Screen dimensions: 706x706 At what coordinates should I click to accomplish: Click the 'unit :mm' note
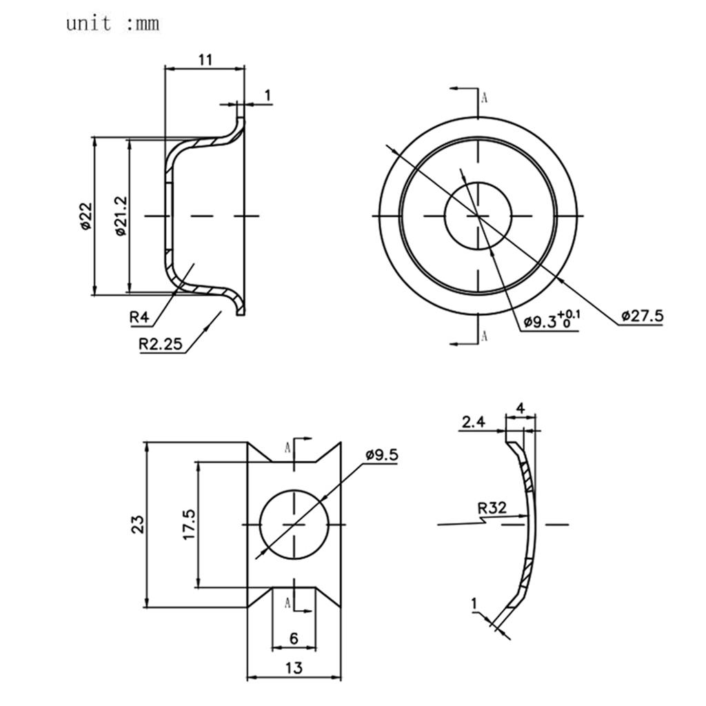(112, 24)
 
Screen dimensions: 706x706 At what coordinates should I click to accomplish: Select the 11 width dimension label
(205, 59)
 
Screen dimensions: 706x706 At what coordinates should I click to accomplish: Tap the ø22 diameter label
(85, 216)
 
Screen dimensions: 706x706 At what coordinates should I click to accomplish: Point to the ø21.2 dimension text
(121, 216)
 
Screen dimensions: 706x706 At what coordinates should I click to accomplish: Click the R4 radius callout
(139, 318)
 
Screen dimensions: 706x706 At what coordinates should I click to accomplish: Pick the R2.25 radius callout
(161, 344)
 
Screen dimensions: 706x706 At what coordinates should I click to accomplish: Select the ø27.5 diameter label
(642, 316)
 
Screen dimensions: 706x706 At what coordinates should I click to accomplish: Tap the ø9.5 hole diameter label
(382, 455)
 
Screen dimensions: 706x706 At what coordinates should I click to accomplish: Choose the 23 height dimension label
(138, 525)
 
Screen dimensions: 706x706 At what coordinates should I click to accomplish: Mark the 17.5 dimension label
(190, 525)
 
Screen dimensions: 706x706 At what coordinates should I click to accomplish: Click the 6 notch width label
(294, 638)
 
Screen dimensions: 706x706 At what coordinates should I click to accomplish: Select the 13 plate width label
(294, 668)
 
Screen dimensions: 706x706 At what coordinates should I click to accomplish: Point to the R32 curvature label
(492, 509)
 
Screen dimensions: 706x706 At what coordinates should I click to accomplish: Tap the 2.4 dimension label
(473, 422)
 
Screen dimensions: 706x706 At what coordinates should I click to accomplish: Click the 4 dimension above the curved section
(521, 407)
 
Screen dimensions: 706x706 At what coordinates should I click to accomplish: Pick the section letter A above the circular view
(484, 97)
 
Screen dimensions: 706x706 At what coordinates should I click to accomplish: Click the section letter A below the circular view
(484, 336)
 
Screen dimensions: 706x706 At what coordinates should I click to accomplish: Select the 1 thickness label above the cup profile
(268, 96)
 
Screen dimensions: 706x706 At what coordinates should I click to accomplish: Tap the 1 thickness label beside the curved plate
(474, 604)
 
